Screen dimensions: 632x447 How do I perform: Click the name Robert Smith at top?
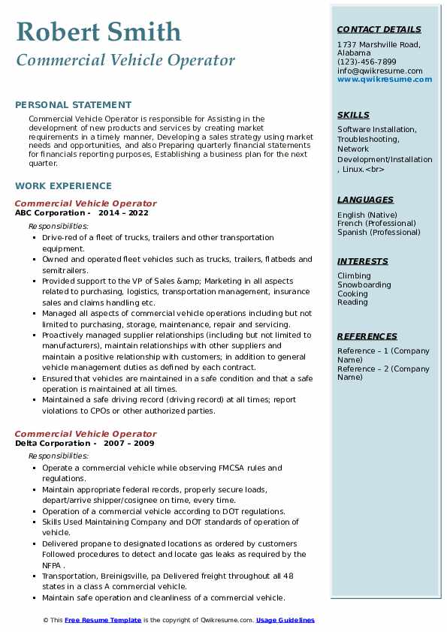(98, 32)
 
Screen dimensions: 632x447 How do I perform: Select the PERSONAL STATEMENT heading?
(73, 105)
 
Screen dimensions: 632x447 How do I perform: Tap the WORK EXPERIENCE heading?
(63, 185)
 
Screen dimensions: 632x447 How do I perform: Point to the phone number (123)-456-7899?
(367, 62)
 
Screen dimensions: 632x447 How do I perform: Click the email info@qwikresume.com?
(379, 71)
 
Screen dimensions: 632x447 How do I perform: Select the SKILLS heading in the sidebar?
(353, 115)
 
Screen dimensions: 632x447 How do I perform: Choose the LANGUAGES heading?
(365, 200)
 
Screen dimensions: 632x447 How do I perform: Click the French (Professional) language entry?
(378, 224)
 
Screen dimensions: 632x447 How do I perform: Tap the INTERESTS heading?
(362, 261)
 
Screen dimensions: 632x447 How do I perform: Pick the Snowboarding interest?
(364, 285)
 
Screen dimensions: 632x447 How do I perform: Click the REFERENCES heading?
(367, 336)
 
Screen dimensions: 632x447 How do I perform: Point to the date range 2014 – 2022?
(123, 213)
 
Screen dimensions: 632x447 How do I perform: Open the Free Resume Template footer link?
(103, 621)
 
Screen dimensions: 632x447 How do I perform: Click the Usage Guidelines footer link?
(285, 621)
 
